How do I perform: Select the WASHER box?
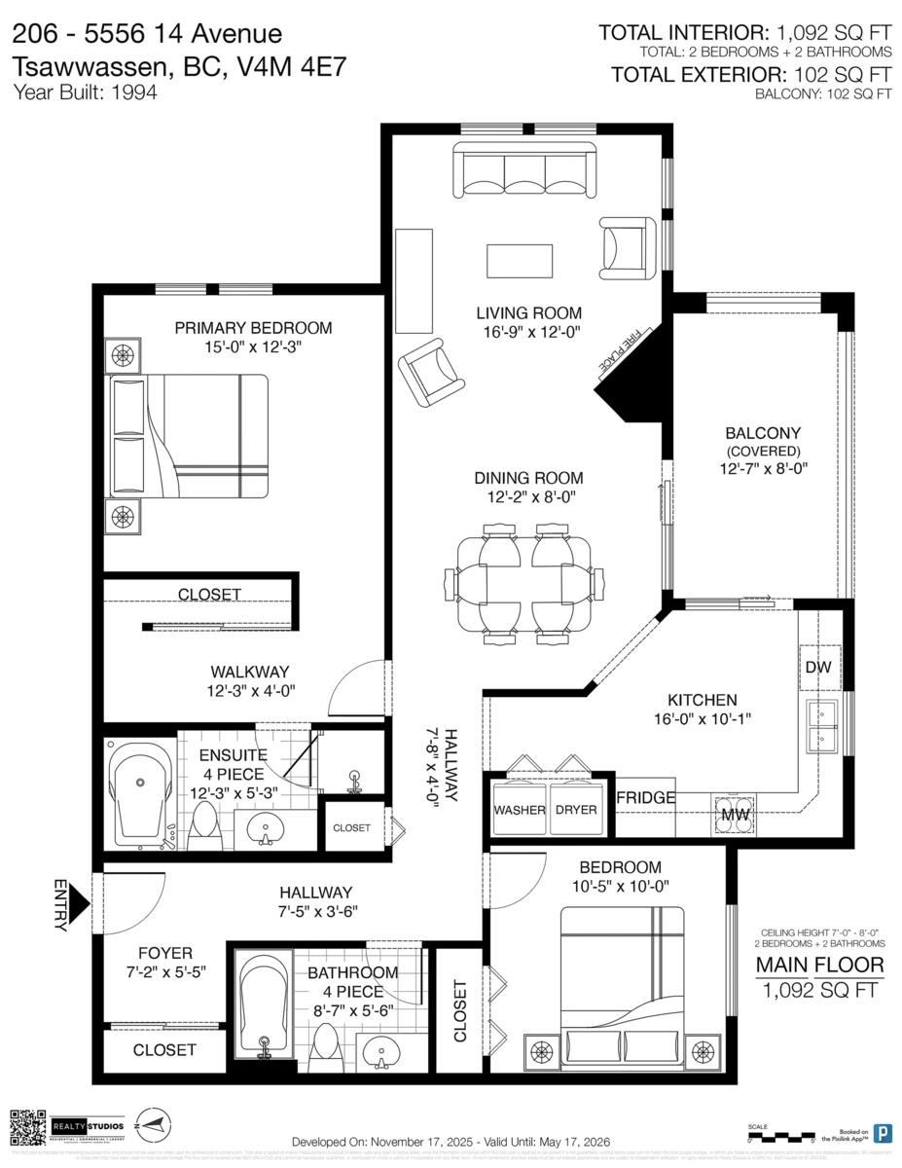[x=519, y=810]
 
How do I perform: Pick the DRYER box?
[x=576, y=810]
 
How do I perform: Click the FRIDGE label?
[x=646, y=798]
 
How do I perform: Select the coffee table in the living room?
[x=520, y=261]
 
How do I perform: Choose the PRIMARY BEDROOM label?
[x=253, y=328]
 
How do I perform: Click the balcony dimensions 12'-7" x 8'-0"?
[x=763, y=468]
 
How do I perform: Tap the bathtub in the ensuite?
[x=142, y=795]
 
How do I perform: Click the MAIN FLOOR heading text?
[x=820, y=966]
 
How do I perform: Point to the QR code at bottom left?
[x=27, y=1126]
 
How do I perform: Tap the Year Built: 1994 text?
[x=85, y=93]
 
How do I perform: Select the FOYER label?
[x=165, y=953]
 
